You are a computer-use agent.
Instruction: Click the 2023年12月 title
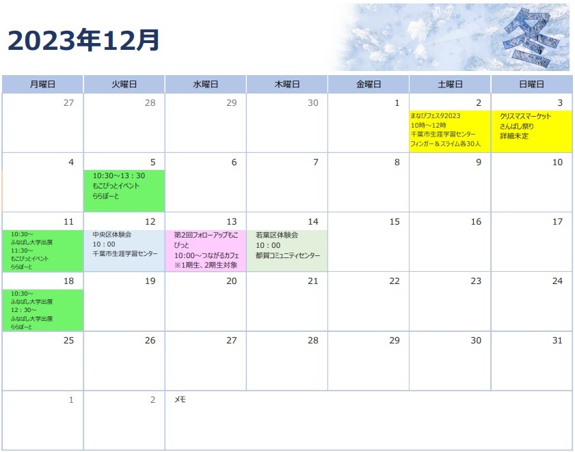pyautogui.click(x=83, y=40)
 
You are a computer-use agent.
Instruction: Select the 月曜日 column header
pyautogui.click(x=42, y=84)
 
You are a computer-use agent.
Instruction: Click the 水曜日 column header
pyautogui.click(x=205, y=84)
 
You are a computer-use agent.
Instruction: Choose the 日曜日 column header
pyautogui.click(x=531, y=84)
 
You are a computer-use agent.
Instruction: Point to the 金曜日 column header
pyautogui.click(x=369, y=84)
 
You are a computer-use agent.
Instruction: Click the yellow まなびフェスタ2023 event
pyautogui.click(x=450, y=130)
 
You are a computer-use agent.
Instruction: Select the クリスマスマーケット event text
pyautogui.click(x=525, y=116)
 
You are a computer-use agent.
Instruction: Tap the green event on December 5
pyautogui.click(x=124, y=190)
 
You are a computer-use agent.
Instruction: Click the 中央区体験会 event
pyautogui.click(x=124, y=251)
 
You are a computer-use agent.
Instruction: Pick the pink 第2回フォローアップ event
pyautogui.click(x=206, y=251)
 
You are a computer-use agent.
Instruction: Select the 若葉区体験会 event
pyautogui.click(x=287, y=251)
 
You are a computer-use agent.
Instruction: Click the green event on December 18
pyautogui.click(x=43, y=310)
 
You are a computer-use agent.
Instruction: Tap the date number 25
pyautogui.click(x=68, y=340)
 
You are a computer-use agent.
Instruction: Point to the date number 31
pyautogui.click(x=557, y=340)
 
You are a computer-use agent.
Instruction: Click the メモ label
pyautogui.click(x=180, y=399)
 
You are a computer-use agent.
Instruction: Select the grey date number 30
pyautogui.click(x=313, y=103)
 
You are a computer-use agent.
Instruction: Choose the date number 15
pyautogui.click(x=395, y=222)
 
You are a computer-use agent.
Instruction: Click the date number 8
pyautogui.click(x=397, y=163)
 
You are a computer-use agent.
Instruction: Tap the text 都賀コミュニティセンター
pyautogui.click(x=288, y=255)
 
